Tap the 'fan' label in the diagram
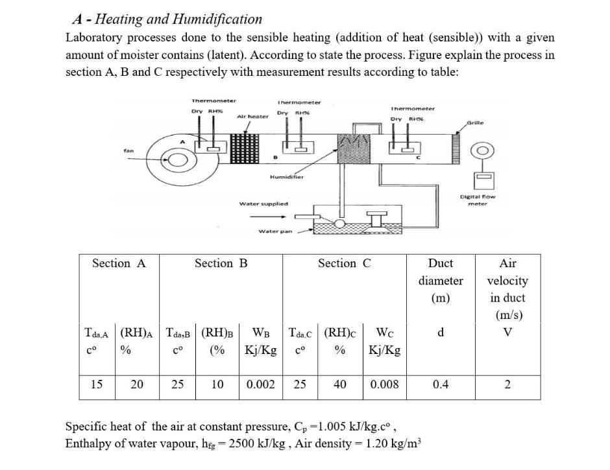pyautogui.click(x=129, y=152)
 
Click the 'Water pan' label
pyautogui.click(x=275, y=231)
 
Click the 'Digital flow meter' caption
pyautogui.click(x=478, y=199)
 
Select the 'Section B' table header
pyautogui.click(x=221, y=263)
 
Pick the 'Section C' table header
pyautogui.click(x=345, y=263)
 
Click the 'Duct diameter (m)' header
pyautogui.click(x=441, y=281)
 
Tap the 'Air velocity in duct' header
pyautogui.click(x=507, y=289)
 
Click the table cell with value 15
pyautogui.click(x=96, y=384)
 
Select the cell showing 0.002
pyautogui.click(x=261, y=384)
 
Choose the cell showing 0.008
pyautogui.click(x=385, y=384)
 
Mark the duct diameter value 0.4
pyautogui.click(x=441, y=384)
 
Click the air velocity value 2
pyautogui.click(x=507, y=384)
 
